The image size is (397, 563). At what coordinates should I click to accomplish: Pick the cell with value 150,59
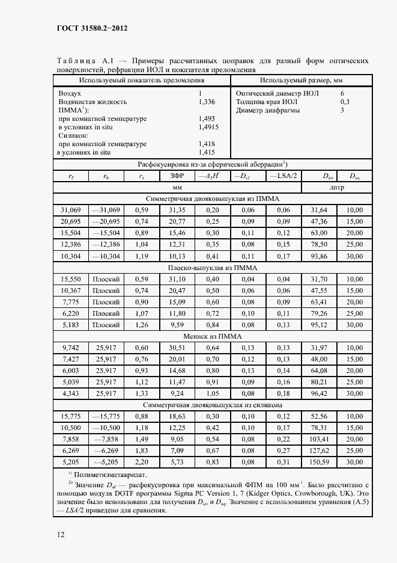coord(319,461)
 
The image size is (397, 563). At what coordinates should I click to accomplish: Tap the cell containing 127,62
coord(319,450)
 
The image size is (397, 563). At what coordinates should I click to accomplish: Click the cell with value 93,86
coord(319,256)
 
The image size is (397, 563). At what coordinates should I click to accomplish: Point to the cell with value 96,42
coord(319,393)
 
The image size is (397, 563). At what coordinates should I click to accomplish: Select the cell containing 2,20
coord(141,461)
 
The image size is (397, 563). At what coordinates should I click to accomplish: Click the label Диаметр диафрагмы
coord(268,111)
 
